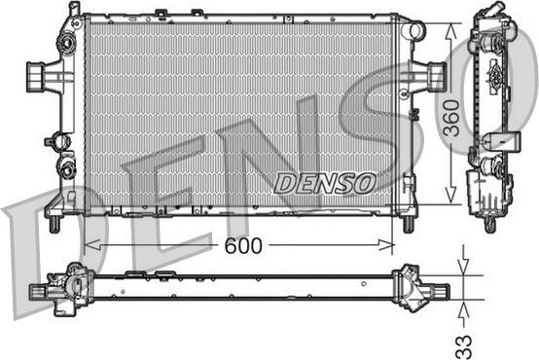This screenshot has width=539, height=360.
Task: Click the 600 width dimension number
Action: [x=243, y=245]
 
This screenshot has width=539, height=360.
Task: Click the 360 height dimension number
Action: [x=451, y=118]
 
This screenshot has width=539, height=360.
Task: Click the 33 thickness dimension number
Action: [x=464, y=346]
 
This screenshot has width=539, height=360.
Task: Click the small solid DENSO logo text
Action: [x=325, y=183]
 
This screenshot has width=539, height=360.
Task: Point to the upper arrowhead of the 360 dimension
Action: [x=451, y=31]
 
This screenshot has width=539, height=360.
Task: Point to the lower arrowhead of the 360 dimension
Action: [x=451, y=196]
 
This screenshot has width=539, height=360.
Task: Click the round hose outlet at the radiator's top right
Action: [x=416, y=30]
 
